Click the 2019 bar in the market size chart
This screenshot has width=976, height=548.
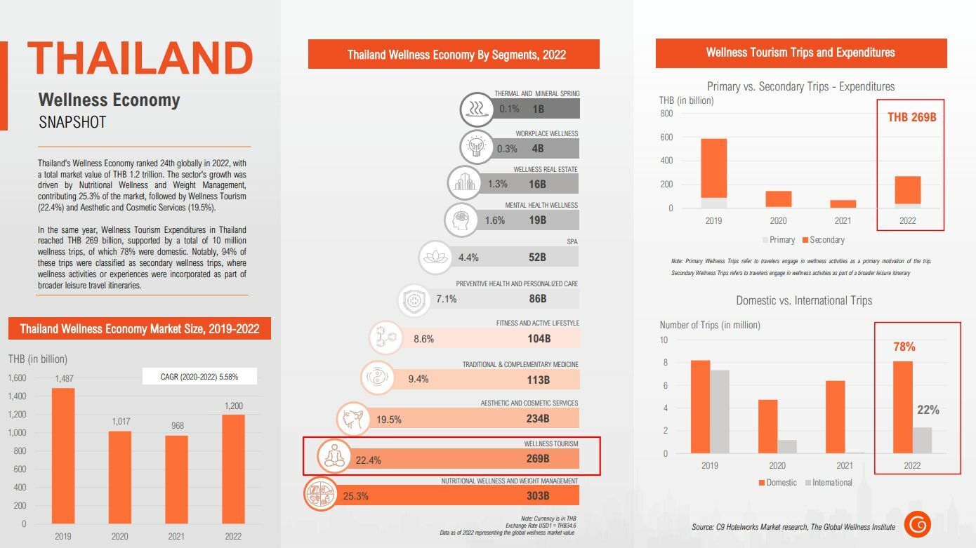pos(63,456)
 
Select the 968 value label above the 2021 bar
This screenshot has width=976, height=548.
pos(176,426)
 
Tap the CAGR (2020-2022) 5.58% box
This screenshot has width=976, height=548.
pos(199,377)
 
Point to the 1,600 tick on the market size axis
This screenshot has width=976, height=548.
pos(17,378)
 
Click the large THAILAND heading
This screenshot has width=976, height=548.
pos(140,58)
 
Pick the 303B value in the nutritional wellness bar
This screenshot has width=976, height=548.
pos(538,495)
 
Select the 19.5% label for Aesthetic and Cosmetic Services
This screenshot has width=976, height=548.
pos(389,420)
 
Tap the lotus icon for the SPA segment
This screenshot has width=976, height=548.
pos(435,257)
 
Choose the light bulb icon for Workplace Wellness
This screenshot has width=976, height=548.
pos(476,147)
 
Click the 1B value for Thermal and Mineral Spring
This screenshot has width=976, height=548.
pos(538,109)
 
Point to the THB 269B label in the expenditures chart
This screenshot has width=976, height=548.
pos(911,117)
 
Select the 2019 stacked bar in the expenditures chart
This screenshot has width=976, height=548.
pos(713,168)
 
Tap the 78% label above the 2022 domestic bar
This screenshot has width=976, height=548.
pos(904,347)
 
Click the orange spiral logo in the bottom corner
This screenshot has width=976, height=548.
pos(917,524)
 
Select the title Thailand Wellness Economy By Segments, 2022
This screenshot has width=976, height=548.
pos(456,55)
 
